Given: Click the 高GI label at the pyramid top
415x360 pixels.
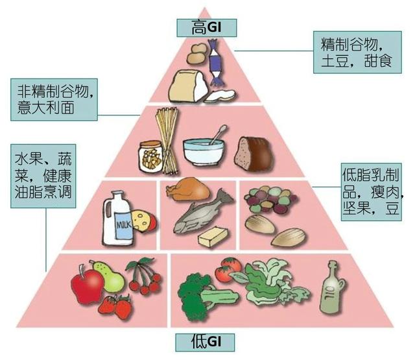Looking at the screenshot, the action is (x=206, y=27).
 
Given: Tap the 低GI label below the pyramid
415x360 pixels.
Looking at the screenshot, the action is (x=205, y=342).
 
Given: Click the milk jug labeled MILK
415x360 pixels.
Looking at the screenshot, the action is (x=117, y=219).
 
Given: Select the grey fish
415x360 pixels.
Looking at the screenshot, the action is (x=202, y=212).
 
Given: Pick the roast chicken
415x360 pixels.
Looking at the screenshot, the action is (x=188, y=189).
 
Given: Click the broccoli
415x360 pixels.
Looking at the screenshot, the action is (x=196, y=296).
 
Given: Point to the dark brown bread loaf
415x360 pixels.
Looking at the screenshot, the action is (x=254, y=154).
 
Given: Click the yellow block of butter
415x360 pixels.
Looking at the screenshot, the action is (x=213, y=236).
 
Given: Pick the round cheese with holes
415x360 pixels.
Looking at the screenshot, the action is (x=144, y=221).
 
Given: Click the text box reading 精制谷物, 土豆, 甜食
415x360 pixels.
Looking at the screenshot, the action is (x=357, y=52).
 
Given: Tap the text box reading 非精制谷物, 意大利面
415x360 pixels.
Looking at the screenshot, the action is (x=54, y=99).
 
